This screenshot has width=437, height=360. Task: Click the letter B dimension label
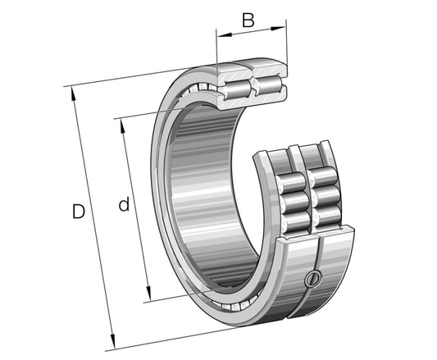point(248,21)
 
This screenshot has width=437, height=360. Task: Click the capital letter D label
point(79,212)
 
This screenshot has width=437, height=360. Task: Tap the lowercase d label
point(124,205)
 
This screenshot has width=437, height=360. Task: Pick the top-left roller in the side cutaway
point(292,182)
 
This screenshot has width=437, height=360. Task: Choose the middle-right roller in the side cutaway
point(325,197)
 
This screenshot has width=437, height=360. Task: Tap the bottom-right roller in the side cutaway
point(327,216)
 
